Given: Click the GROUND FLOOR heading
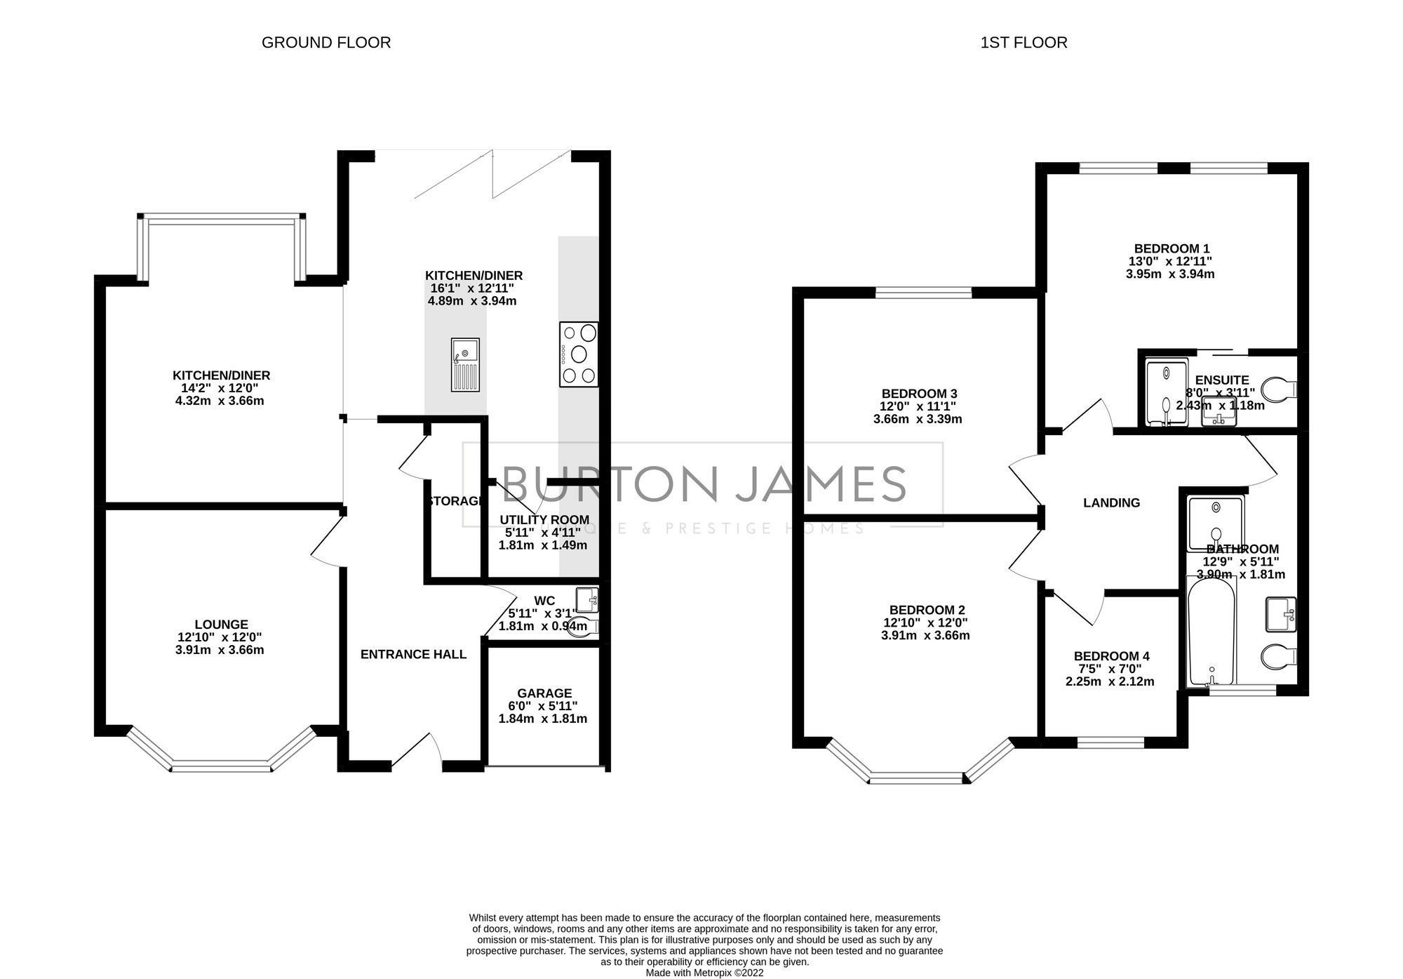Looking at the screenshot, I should click(326, 43).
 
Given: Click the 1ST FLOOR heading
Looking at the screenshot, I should click(1023, 43).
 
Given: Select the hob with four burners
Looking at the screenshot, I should click(579, 354).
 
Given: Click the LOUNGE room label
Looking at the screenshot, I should click(221, 624).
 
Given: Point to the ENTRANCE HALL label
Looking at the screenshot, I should click(413, 655).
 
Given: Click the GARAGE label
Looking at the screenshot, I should click(544, 693).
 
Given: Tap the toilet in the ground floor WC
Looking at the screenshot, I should click(582, 627).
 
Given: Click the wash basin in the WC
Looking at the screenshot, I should click(587, 601).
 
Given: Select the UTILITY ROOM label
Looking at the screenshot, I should click(544, 520).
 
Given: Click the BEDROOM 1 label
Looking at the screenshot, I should click(1172, 248).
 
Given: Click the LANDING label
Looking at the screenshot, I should click(1111, 502).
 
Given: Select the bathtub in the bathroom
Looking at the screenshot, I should click(1211, 630).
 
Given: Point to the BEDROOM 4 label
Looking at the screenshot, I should click(1111, 656).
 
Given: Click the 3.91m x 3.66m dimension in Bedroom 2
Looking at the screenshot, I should click(925, 636).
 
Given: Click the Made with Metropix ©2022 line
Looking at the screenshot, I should click(704, 973).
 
